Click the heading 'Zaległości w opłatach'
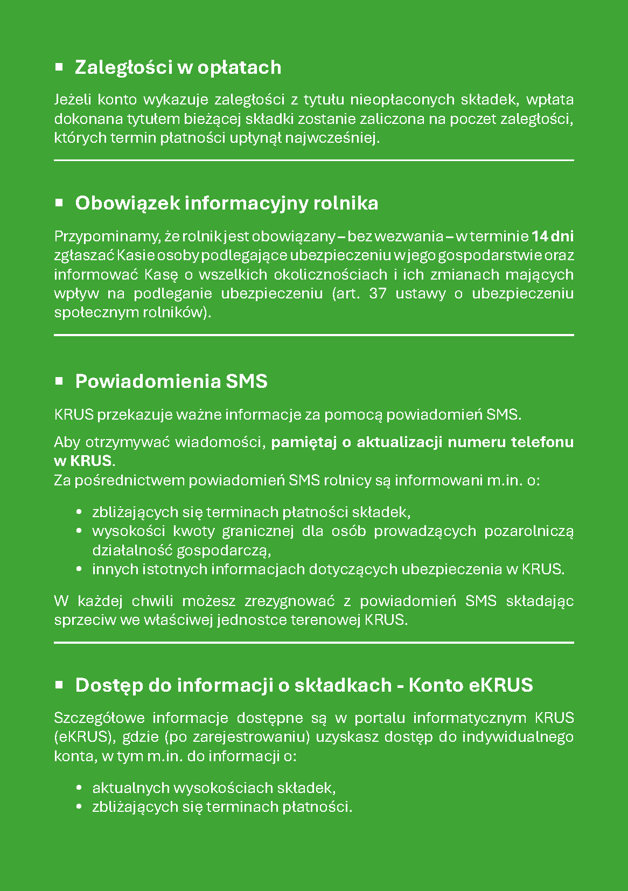[178, 67]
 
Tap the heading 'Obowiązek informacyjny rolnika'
[227, 203]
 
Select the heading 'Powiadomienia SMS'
[171, 381]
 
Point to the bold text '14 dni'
[553, 236]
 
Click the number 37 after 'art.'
[378, 294]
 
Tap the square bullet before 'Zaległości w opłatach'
[59, 67]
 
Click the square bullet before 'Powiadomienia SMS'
[59, 381]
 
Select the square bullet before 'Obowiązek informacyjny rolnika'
[59, 203]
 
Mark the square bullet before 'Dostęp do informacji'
[59, 685]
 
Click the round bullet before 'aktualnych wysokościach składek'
[80, 788]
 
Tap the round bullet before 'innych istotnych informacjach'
[80, 569]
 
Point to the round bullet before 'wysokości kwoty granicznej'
[80, 531]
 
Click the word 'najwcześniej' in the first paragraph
[332, 138]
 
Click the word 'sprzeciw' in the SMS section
[85, 620]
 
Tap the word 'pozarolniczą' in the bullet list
[529, 531]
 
